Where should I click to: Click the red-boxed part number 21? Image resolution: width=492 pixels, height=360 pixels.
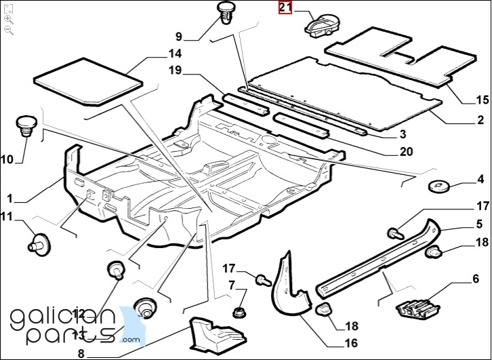pyautogui.click(x=285, y=8)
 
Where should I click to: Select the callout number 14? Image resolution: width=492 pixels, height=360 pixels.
pyautogui.click(x=175, y=54)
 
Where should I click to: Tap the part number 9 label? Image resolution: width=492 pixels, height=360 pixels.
pyautogui.click(x=179, y=36)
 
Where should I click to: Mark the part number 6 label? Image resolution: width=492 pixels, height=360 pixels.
pyautogui.click(x=475, y=279)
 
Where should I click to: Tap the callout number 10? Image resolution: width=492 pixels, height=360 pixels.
pyautogui.click(x=7, y=160)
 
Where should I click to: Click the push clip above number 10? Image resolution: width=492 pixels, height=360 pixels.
pyautogui.click(x=26, y=125)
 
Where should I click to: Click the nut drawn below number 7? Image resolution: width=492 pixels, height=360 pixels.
pyautogui.click(x=239, y=313)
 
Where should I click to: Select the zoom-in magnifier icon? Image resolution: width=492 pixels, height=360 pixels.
pyautogui.click(x=8, y=20)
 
